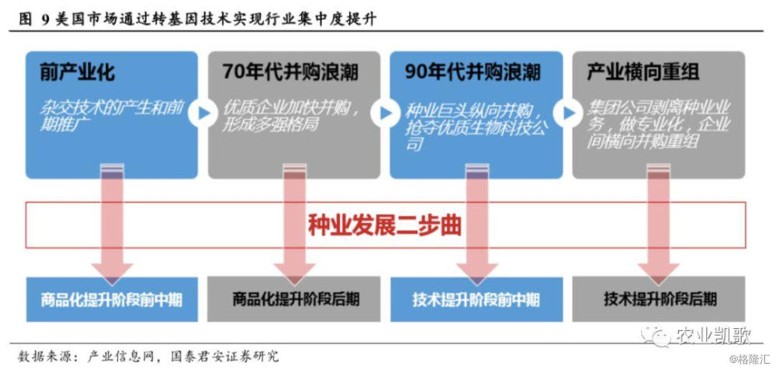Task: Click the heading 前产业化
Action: click(77, 73)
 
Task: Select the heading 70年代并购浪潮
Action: click(290, 73)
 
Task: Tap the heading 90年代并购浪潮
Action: click(473, 73)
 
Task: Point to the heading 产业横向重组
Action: click(643, 73)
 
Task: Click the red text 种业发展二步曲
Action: click(385, 225)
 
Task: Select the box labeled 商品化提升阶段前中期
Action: click(112, 299)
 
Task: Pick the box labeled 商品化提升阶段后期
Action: click(294, 299)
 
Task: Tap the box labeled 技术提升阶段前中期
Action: click(476, 299)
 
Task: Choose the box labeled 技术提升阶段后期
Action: click(659, 299)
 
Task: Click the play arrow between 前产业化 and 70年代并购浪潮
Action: click(203, 113)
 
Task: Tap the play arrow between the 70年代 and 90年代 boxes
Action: click(385, 113)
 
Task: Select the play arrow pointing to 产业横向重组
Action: click(568, 113)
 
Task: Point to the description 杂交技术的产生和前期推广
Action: click(111, 117)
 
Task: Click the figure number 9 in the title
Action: click(44, 19)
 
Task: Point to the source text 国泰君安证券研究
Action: click(224, 356)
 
